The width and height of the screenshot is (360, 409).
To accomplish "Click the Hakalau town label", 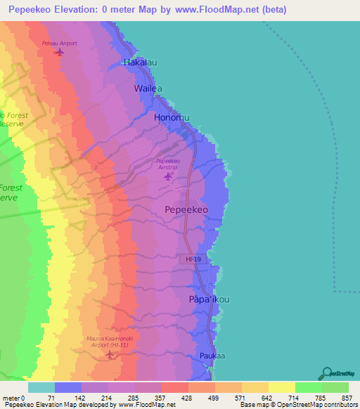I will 140,63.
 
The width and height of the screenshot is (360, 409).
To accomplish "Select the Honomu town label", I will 172,118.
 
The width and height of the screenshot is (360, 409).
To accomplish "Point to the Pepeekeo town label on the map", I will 186,210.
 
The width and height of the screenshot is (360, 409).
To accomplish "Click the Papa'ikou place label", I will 210,299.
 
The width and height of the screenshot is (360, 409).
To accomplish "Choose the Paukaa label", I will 211,356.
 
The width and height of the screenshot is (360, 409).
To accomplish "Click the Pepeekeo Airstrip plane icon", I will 167,176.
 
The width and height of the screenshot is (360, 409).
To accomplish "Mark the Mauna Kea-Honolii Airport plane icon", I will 109,353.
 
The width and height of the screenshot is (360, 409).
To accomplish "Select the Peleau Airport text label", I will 59,44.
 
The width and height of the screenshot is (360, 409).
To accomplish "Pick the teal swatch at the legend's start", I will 41,387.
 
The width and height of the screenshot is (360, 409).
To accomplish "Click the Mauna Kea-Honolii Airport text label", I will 109,342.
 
